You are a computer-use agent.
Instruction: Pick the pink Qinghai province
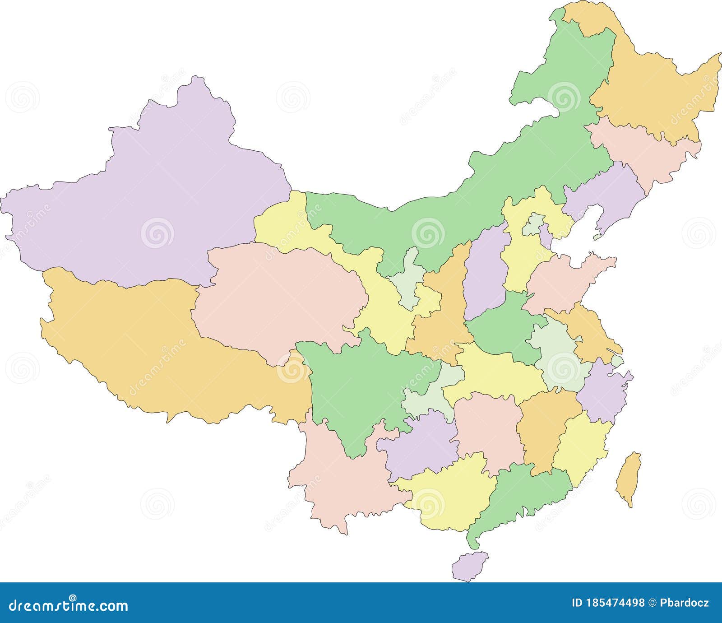point(280,293)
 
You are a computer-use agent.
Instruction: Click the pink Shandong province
point(564,280)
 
